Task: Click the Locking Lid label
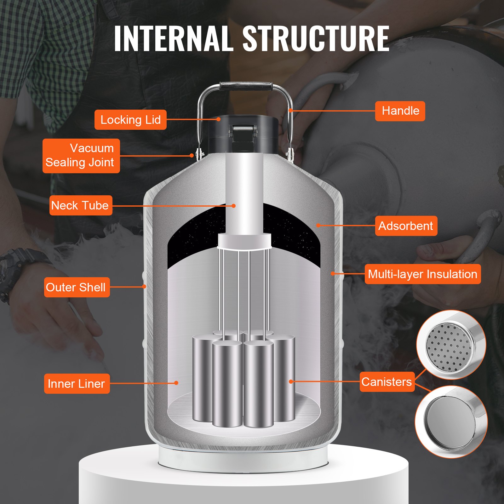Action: coord(130,120)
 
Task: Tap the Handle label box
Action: coord(400,111)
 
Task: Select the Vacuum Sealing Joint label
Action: coord(81,156)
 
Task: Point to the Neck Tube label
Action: coord(81,205)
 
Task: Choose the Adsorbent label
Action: coord(406,226)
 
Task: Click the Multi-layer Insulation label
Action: coord(422,274)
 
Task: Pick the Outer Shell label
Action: coord(77,287)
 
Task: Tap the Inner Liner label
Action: coord(77,384)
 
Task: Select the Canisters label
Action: coord(387,382)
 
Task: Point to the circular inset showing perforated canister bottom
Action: coord(451,345)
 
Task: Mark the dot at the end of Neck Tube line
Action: coord(234,206)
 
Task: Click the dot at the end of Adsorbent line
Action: coord(318,225)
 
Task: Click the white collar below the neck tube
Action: coord(244,241)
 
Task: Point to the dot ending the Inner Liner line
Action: coord(176,383)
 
